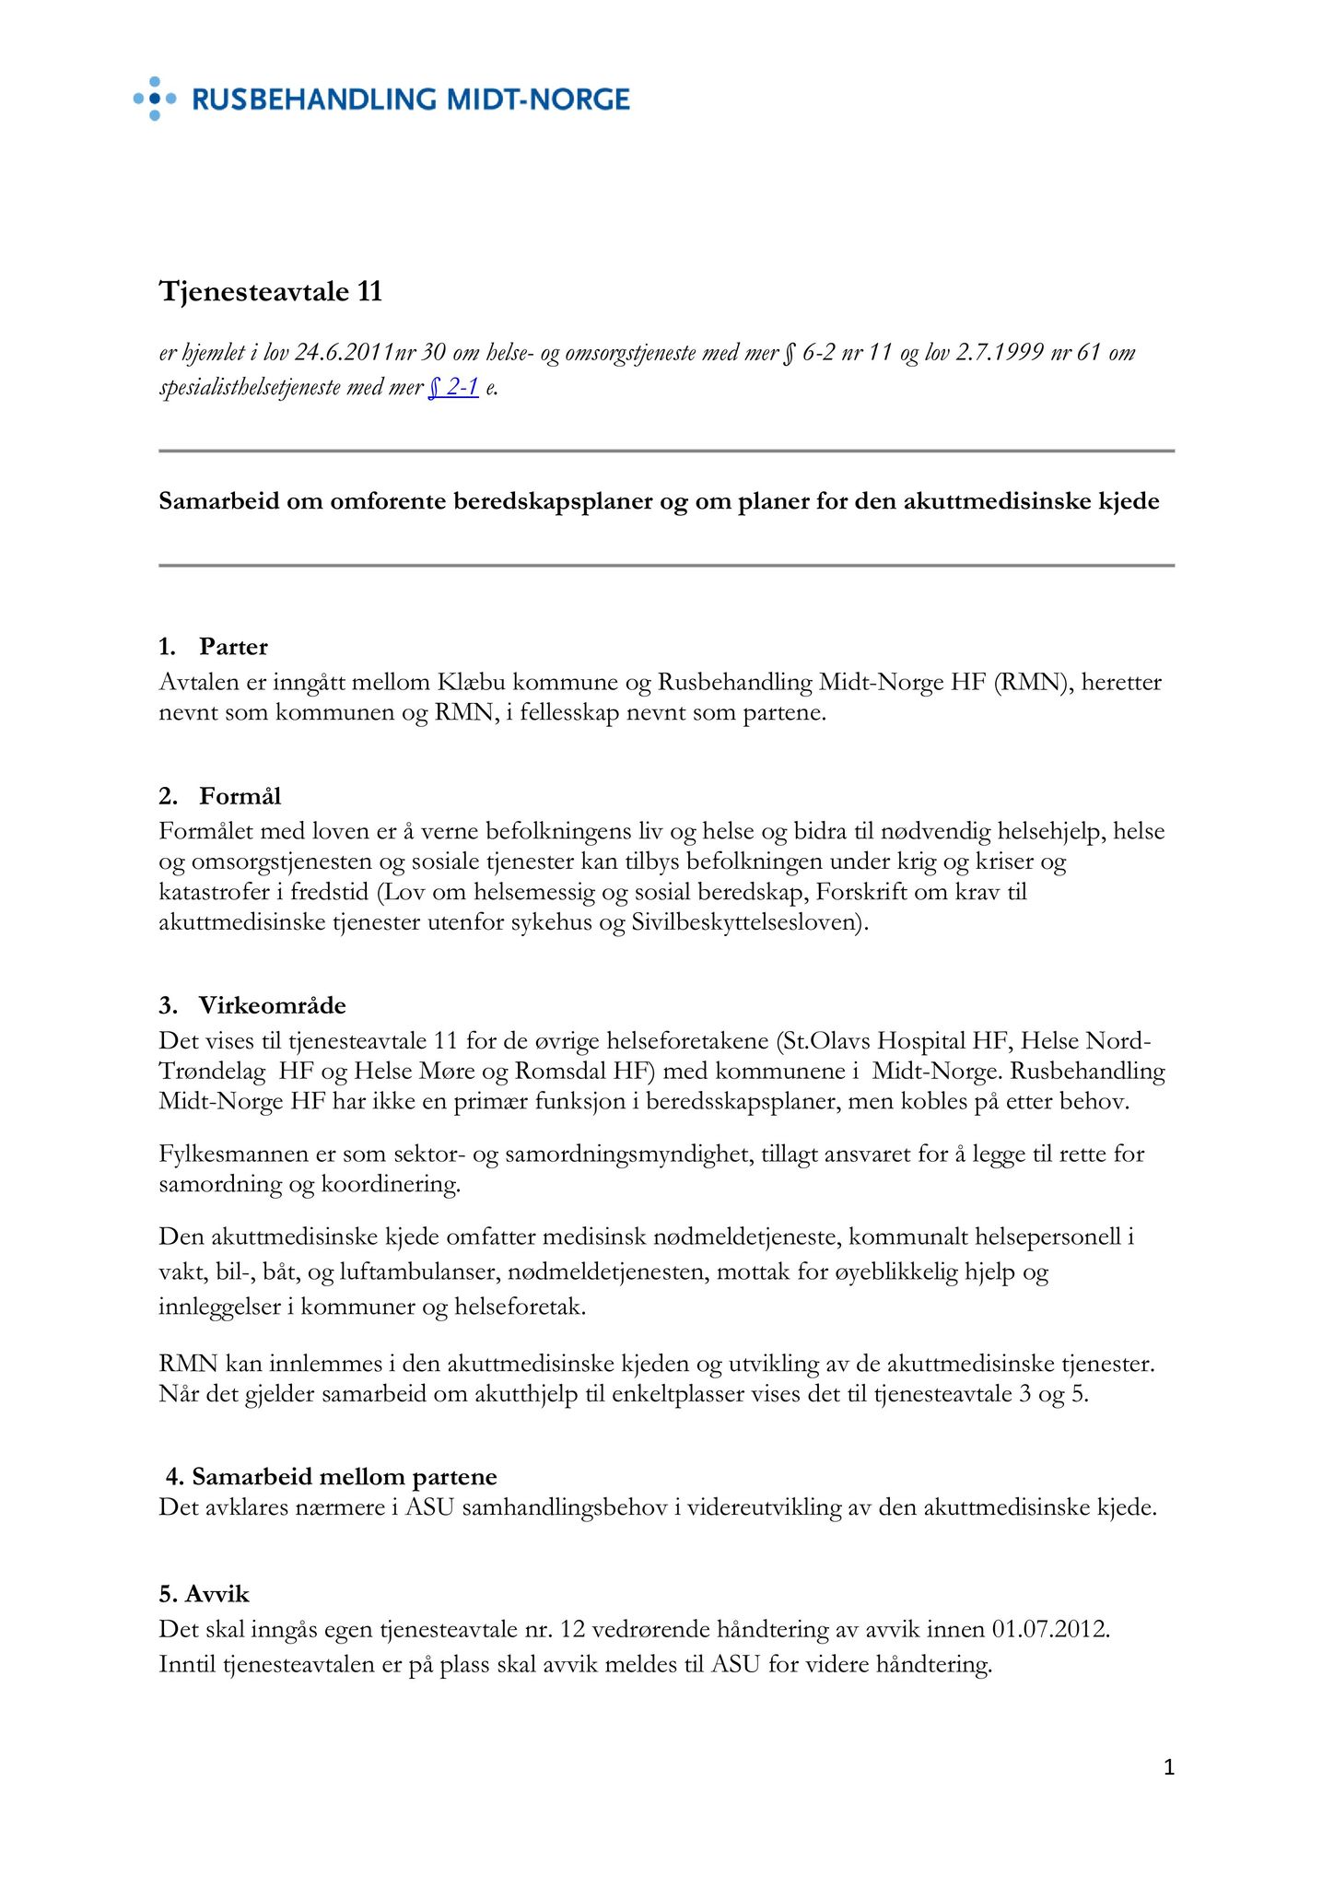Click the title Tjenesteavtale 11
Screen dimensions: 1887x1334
tap(270, 292)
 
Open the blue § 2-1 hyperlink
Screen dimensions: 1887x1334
tap(453, 388)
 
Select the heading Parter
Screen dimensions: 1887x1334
tap(233, 647)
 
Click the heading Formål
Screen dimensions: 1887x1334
tap(240, 796)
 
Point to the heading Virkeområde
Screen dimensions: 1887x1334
tap(272, 1005)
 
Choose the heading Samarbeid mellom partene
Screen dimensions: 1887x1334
tap(344, 1477)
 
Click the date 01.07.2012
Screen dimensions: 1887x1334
tap(1050, 1629)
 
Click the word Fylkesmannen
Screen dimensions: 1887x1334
tap(232, 1154)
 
